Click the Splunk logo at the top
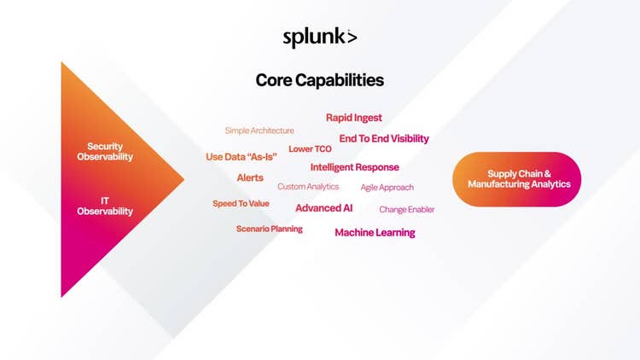tap(320, 37)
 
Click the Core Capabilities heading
tap(320, 80)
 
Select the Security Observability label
tap(111, 152)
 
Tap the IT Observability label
tap(105, 206)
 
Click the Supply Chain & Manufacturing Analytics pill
tap(518, 178)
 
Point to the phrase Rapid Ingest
tap(354, 118)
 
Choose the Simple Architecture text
tap(259, 131)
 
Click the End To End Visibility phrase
tap(384, 138)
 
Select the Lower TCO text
tap(310, 148)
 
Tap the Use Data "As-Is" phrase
tap(241, 157)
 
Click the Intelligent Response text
tap(354, 167)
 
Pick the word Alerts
tap(250, 177)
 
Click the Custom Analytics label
tap(308, 186)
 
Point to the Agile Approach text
tap(387, 187)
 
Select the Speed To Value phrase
tap(241, 204)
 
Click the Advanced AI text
tap(323, 208)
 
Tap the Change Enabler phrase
tap(406, 209)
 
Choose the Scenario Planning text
tap(269, 229)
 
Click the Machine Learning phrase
tap(375, 232)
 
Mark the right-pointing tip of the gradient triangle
tap(183, 179)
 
